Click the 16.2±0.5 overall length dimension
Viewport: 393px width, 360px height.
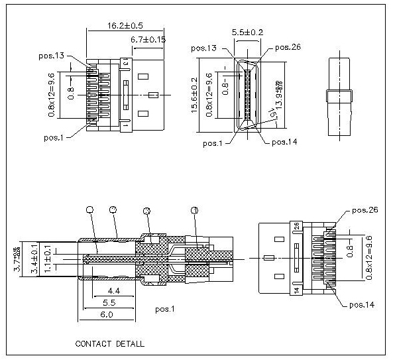pyautogui.click(x=125, y=26)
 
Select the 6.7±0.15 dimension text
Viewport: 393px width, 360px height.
pyautogui.click(x=148, y=40)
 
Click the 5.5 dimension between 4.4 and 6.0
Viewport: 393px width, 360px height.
pyautogui.click(x=111, y=303)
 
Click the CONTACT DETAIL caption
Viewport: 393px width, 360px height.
pyautogui.click(x=109, y=344)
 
